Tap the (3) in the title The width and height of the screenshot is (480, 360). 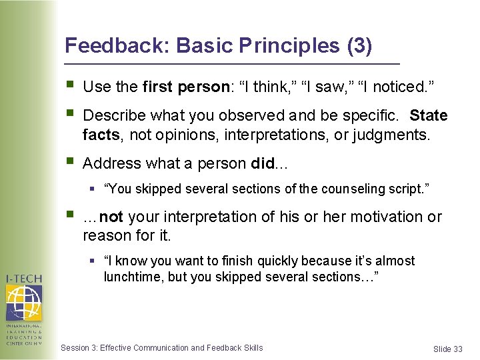tap(359, 45)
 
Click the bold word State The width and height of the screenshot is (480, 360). tap(429, 116)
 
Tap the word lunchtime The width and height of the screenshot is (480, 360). tap(132, 277)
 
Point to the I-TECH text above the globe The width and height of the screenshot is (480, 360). tap(23, 278)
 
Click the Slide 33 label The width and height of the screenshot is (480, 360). tap(447, 349)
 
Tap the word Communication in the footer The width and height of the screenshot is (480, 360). tap(161, 347)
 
